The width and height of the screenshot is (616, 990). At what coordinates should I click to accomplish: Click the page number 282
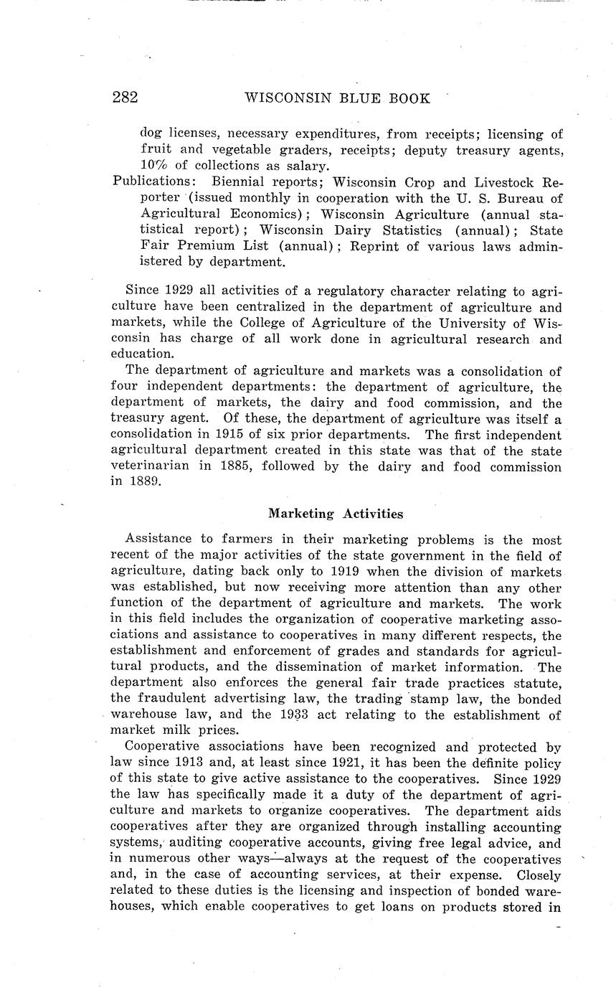tap(125, 98)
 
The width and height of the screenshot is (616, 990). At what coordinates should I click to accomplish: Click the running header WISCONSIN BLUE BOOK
tap(337, 98)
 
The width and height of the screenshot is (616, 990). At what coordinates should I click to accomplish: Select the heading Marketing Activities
tap(336, 514)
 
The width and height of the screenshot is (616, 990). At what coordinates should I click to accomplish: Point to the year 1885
tap(241, 467)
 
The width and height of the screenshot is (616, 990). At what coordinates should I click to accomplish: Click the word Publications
tap(154, 182)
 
